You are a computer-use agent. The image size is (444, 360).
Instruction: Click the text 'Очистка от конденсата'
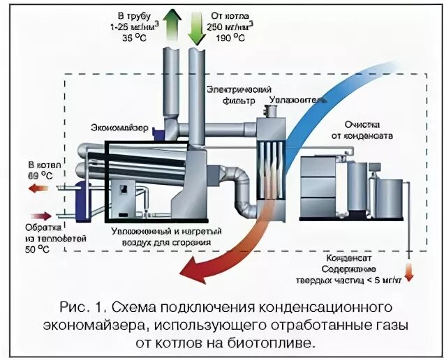[362, 130]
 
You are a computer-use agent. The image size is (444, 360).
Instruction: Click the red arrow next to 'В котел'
[41, 188]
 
